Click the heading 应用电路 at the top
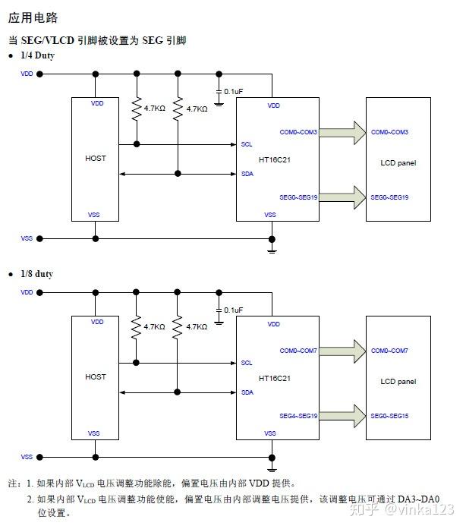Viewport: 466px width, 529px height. coord(33,17)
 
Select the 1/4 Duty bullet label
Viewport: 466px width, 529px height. coord(37,56)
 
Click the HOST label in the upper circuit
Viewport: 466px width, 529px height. coord(96,159)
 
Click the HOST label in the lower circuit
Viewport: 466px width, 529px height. coord(96,377)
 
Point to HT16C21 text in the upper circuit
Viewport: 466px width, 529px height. coord(276,159)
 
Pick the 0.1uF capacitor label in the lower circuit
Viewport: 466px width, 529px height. coord(233,310)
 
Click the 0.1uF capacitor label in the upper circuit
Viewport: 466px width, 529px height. coord(233,92)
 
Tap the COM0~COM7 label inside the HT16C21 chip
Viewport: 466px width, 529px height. coord(298,351)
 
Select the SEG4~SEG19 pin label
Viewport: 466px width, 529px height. coord(298,416)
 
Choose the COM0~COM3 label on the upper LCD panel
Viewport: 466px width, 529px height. coord(389,133)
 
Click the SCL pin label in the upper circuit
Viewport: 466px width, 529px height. coord(247,144)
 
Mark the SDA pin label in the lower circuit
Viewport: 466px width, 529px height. coord(247,392)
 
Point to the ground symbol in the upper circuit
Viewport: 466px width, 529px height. coord(272,248)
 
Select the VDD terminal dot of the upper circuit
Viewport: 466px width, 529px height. coord(40,74)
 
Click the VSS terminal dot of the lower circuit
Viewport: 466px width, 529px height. coord(40,457)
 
